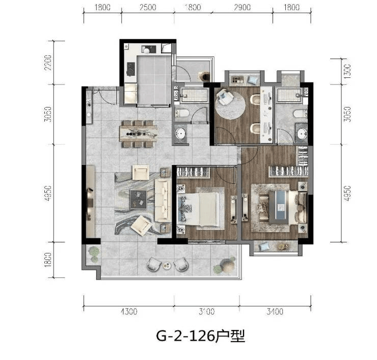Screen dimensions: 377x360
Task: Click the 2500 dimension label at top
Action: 148,8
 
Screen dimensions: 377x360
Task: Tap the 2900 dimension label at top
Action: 242,8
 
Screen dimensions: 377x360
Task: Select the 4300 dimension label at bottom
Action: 129,312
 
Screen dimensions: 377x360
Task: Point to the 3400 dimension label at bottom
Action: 275,312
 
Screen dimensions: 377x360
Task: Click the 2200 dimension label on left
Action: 48,63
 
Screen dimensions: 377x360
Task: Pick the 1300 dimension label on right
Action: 347,71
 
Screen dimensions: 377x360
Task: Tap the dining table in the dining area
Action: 139,133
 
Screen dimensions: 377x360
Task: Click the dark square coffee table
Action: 138,200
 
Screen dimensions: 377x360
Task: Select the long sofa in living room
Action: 163,201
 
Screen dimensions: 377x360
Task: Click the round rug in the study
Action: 230,104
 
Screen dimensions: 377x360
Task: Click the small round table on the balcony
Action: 166,265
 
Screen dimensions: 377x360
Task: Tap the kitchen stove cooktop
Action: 131,69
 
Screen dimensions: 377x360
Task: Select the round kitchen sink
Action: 146,50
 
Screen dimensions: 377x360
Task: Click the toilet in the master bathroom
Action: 300,114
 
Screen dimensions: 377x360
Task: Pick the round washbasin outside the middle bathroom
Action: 180,133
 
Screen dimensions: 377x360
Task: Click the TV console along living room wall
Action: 90,201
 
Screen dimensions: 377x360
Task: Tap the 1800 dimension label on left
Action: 48,260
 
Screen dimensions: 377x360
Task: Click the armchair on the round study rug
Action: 225,97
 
